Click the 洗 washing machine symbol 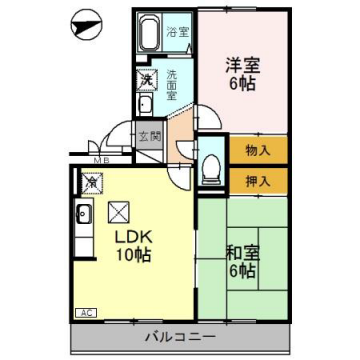tap(146, 79)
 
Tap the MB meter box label tap(101, 160)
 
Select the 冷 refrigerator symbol tap(93, 183)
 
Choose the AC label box tap(86, 313)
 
